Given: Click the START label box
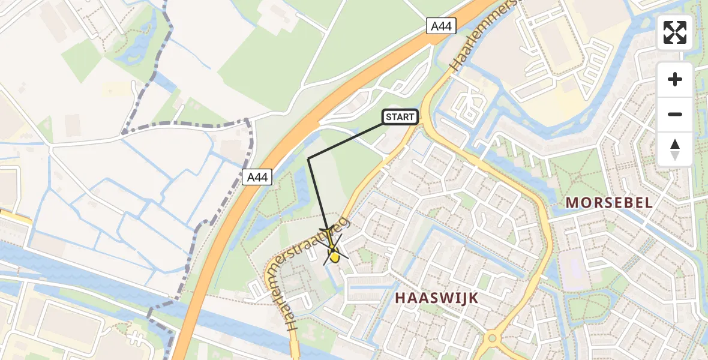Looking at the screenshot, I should [x=400, y=117].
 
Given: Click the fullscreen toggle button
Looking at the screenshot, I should [x=675, y=32].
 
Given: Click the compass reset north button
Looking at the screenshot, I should [x=675, y=149].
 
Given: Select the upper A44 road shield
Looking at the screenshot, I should [x=442, y=26].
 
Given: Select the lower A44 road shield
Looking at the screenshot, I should [x=258, y=177].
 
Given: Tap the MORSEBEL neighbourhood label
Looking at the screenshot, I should [x=609, y=203].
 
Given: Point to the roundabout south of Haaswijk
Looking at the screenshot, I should [x=491, y=338].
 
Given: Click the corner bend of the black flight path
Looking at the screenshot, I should [x=308, y=158].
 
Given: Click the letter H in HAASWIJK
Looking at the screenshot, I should [x=400, y=298].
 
